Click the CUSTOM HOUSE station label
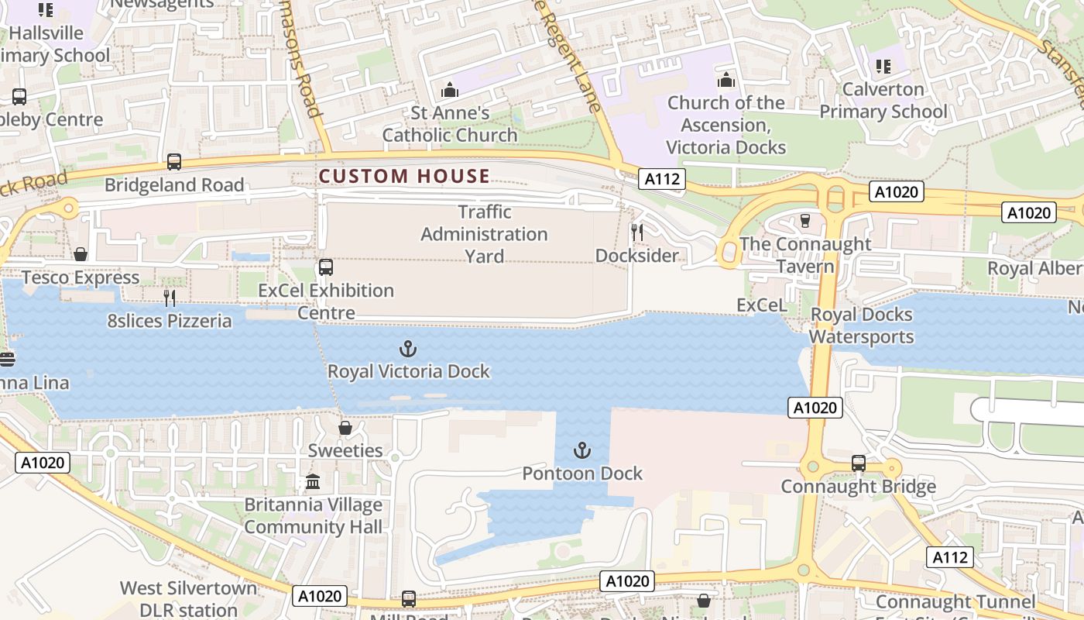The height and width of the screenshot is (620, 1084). click(404, 176)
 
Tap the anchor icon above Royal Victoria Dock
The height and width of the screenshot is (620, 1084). click(407, 349)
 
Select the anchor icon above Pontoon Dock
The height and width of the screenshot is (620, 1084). click(581, 450)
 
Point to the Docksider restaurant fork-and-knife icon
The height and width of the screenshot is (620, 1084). click(636, 232)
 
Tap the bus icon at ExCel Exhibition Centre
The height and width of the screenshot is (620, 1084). click(326, 267)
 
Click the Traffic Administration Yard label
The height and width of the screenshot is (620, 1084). click(484, 233)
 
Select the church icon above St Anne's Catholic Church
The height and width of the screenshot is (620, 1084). click(450, 90)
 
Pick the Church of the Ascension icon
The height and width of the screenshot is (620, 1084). click(726, 80)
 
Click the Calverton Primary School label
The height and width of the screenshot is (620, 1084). click(883, 101)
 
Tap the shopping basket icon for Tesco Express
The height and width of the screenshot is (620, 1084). click(81, 254)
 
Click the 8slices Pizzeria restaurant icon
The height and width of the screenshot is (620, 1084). click(170, 298)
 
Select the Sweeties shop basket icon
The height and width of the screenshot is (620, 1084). click(345, 428)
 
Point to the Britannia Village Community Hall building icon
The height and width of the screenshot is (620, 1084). click(313, 482)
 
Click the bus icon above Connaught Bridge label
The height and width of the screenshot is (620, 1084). click(858, 463)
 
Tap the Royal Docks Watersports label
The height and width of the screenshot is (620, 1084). click(861, 325)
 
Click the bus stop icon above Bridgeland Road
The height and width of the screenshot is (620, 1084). click(174, 162)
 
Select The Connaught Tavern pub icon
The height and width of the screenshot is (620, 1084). click(804, 221)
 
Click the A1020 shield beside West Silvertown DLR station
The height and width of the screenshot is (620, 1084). click(320, 596)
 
